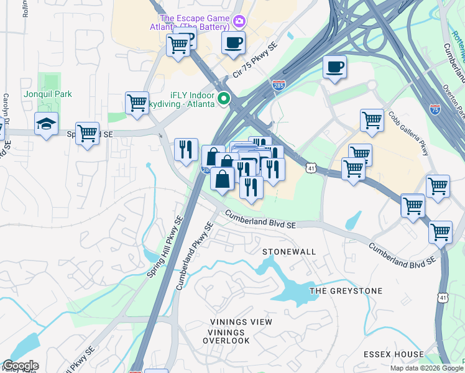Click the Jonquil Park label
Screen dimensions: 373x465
pos(48,94)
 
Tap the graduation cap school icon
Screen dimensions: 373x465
pos(46,124)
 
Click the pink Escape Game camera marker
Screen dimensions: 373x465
pos(239,22)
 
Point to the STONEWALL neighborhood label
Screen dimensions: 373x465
pos(289,252)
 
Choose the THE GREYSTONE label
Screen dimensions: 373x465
pos(346,291)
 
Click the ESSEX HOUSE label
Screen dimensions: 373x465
pos(394,354)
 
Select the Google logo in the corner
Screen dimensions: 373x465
pos(20,366)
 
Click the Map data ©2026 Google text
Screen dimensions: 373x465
pos(426,368)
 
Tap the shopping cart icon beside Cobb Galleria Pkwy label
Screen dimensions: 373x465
pos(372,120)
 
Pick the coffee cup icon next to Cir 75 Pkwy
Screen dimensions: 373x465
pos(233,43)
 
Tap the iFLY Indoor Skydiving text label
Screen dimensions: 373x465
pos(180,98)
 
